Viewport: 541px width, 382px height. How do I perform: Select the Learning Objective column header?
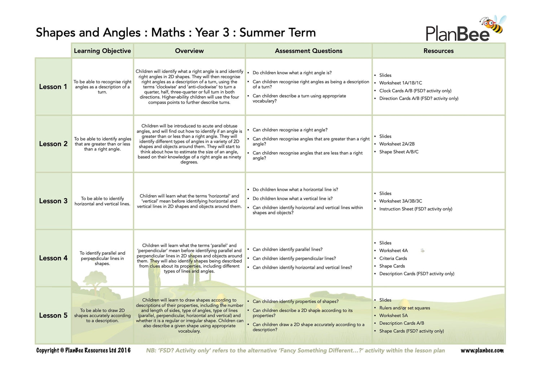coord(102,51)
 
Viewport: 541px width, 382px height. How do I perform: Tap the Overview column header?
coord(189,51)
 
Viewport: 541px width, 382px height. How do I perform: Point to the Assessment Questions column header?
coord(309,51)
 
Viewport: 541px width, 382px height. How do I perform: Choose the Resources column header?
coord(439,51)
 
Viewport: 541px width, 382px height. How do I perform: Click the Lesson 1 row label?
coord(53,87)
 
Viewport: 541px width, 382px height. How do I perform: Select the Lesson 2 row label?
coord(53,144)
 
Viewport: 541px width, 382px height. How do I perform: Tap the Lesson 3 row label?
coord(53,201)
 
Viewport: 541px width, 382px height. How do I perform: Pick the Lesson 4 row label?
coord(53,258)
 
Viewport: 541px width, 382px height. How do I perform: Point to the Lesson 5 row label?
coord(53,315)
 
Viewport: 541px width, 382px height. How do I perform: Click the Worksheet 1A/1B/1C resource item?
coord(400,83)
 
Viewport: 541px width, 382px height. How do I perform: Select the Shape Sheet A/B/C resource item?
coord(399,152)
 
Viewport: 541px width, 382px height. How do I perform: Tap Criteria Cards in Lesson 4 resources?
coord(393,258)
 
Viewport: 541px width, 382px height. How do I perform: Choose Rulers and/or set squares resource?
coord(405,308)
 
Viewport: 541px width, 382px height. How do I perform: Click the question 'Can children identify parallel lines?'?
coord(287,249)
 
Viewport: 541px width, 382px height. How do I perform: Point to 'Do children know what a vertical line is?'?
coord(293,199)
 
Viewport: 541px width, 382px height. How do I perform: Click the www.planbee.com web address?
coord(482,350)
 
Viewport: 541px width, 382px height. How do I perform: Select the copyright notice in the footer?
coord(83,350)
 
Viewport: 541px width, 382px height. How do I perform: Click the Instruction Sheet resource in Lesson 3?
coord(415,209)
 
